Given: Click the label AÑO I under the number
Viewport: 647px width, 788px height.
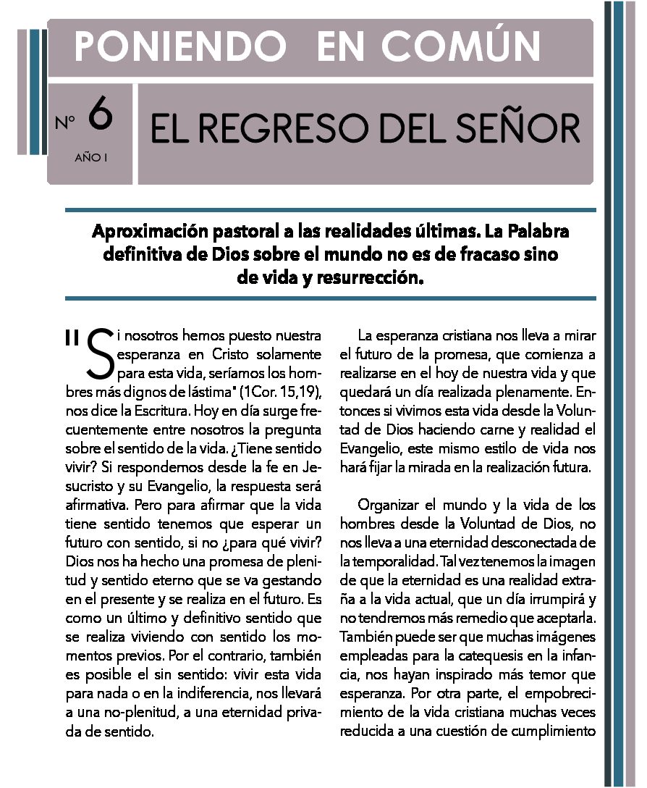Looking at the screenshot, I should (90, 156).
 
